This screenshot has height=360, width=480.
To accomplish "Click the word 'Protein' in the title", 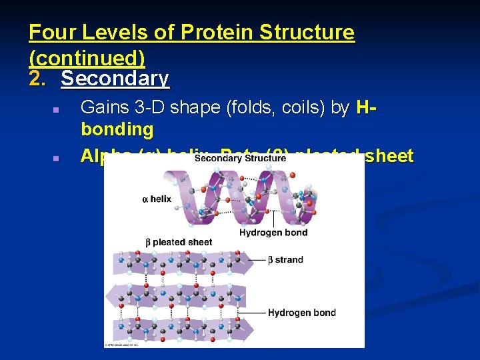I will click(213, 32).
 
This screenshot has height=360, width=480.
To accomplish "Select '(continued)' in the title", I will click(87, 55).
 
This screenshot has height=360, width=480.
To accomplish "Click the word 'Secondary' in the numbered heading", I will click(115, 79).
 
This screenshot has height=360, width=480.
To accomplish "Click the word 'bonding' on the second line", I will click(117, 129).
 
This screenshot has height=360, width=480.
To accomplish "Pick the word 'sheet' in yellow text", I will click(389, 156).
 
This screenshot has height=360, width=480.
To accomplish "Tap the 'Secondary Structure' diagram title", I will click(241, 159).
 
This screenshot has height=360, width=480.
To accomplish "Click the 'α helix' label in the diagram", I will click(157, 199).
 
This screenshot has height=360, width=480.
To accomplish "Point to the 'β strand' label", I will click(285, 260).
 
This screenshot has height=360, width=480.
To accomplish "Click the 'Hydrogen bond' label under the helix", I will click(273, 233).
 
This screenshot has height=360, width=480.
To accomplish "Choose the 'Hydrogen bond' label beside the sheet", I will click(301, 313).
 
